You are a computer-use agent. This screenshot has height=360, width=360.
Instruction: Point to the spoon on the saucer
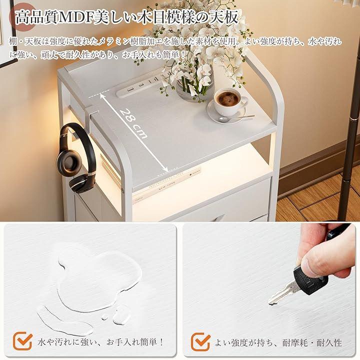pos(236,118)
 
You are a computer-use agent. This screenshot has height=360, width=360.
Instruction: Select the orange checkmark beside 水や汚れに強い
pos(22,341)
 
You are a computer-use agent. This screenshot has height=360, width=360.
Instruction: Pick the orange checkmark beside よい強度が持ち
pos(200,342)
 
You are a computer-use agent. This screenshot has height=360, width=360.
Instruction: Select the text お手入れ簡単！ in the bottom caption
pos(135,342)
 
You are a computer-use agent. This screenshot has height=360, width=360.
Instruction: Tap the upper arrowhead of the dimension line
pos(102,96)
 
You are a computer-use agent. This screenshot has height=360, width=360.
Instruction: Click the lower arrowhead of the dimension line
pos(166,169)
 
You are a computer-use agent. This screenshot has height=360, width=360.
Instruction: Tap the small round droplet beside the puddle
pos(104,317)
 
